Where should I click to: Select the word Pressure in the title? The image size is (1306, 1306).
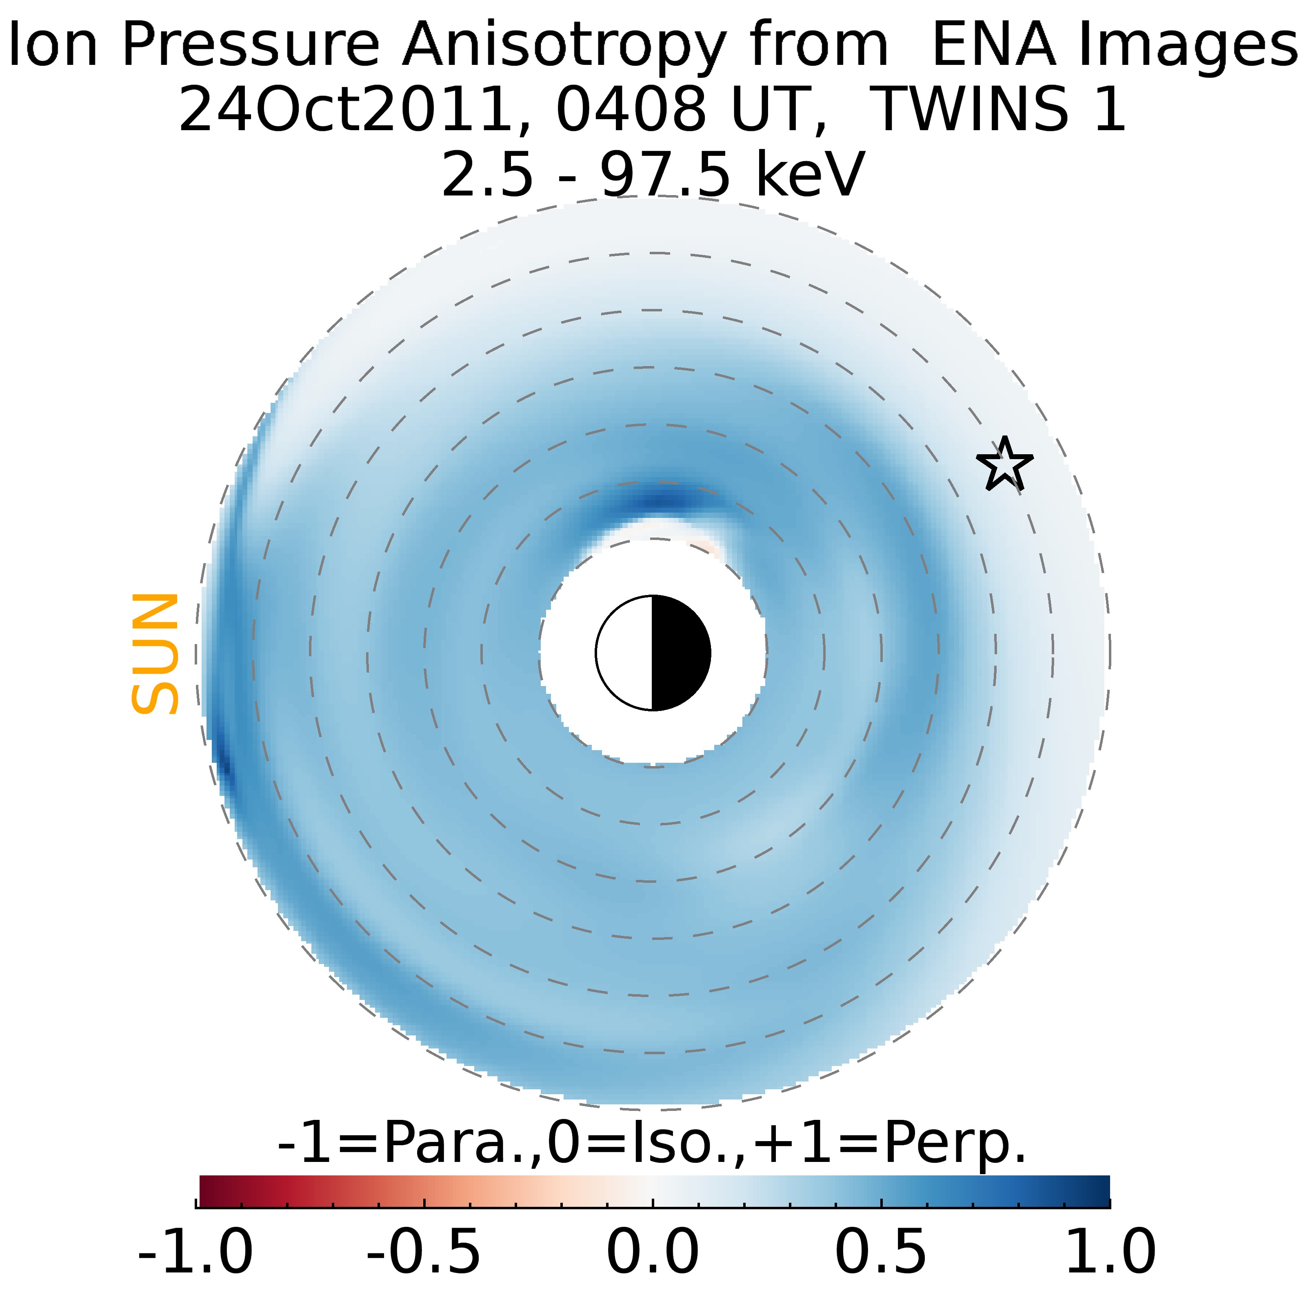coord(250,46)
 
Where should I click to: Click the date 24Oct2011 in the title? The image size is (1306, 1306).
coord(345,109)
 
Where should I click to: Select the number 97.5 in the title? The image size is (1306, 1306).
coord(665,174)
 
